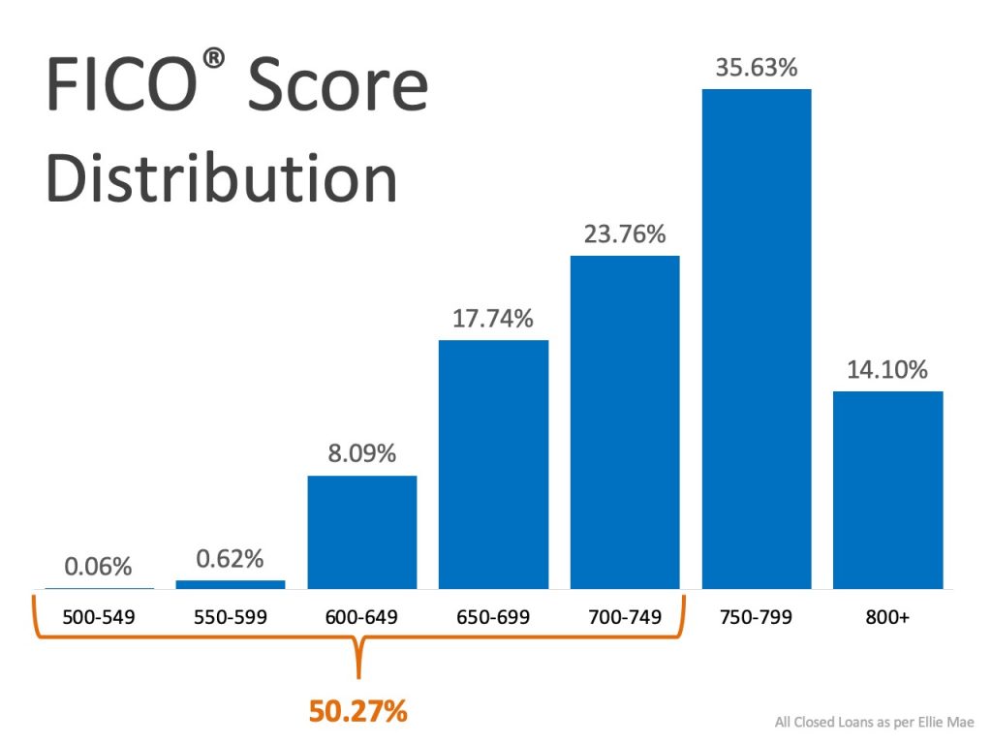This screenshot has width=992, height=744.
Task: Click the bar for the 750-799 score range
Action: [757, 339]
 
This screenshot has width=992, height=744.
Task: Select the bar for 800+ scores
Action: [888, 490]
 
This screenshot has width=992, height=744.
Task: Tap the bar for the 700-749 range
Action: [625, 422]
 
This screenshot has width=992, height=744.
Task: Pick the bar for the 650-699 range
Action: [493, 464]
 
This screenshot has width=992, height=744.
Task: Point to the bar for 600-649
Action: [362, 532]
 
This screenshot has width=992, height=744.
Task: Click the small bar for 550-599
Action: [231, 584]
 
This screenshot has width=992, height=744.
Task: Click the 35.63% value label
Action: [757, 68]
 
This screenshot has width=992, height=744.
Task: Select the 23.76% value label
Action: [625, 234]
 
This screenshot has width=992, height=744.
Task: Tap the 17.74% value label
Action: [493, 318]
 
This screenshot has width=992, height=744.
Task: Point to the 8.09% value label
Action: [362, 453]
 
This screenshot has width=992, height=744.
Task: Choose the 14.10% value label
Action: [888, 369]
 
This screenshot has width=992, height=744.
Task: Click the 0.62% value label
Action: [230, 558]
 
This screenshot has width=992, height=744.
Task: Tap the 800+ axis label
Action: [888, 617]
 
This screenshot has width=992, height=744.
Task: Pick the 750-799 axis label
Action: [757, 617]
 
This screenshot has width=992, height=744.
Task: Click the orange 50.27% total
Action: [358, 711]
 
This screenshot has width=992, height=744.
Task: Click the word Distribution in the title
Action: [223, 180]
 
